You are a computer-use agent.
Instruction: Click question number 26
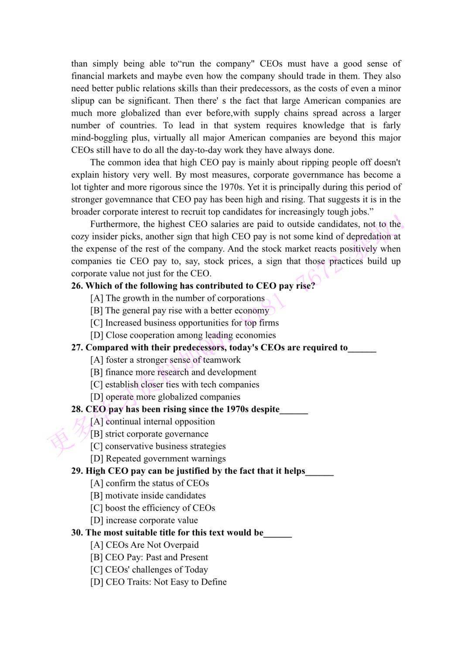(x=77, y=286)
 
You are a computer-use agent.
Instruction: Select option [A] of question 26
(x=177, y=298)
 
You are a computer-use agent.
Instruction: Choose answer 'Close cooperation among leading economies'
(x=183, y=335)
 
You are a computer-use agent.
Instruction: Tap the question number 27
(x=77, y=347)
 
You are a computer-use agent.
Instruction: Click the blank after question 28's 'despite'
(x=294, y=410)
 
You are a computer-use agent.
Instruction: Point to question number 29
(x=77, y=471)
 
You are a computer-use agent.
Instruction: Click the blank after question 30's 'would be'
(x=278, y=533)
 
